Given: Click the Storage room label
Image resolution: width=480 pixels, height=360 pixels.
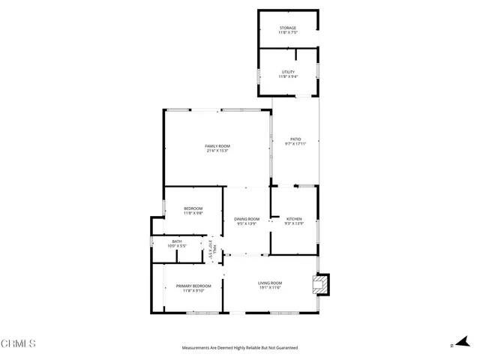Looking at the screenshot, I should pyautogui.click(x=288, y=28).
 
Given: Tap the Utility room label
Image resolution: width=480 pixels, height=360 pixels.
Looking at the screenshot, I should pyautogui.click(x=288, y=71).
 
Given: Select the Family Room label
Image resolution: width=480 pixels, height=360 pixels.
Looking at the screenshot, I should pyautogui.click(x=217, y=145).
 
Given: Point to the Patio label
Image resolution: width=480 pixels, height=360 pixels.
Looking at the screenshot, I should pyautogui.click(x=295, y=139).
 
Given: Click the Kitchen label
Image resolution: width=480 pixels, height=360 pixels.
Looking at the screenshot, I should pyautogui.click(x=293, y=218).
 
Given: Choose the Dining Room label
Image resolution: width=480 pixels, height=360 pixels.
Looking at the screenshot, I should pyautogui.click(x=247, y=218).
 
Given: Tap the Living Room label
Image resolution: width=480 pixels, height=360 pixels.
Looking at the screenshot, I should pyautogui.click(x=271, y=282).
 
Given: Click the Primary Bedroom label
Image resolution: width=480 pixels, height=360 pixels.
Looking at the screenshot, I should pyautogui.click(x=193, y=286).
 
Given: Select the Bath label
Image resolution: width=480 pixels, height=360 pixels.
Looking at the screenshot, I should pyautogui.click(x=177, y=241).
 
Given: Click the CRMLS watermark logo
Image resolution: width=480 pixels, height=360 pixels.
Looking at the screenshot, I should pyautogui.click(x=19, y=344).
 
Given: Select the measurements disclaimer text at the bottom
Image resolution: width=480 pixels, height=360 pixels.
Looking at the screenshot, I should pyautogui.click(x=240, y=348).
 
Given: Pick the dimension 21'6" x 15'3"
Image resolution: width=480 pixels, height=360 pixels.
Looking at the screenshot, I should pyautogui.click(x=217, y=151).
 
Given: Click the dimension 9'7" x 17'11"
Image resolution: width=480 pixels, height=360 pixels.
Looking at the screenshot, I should pyautogui.click(x=295, y=144).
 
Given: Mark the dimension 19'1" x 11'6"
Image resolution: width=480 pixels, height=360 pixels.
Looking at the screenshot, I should pyautogui.click(x=271, y=287).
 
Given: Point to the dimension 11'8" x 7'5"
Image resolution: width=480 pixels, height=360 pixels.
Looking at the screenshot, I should pyautogui.click(x=288, y=33).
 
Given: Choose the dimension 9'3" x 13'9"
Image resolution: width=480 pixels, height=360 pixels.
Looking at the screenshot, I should pyautogui.click(x=293, y=223).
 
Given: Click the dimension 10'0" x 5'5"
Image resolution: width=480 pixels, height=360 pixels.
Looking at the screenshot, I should pyautogui.click(x=177, y=246).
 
